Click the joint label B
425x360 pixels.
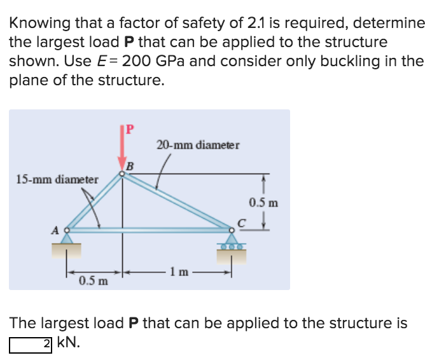pyautogui.click(x=130, y=166)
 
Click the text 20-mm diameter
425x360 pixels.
pyautogui.click(x=198, y=145)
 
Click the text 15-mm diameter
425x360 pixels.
pyautogui.click(x=57, y=179)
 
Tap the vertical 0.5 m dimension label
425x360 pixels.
pyautogui.click(x=263, y=204)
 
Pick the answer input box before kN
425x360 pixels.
pyautogui.click(x=31, y=344)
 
